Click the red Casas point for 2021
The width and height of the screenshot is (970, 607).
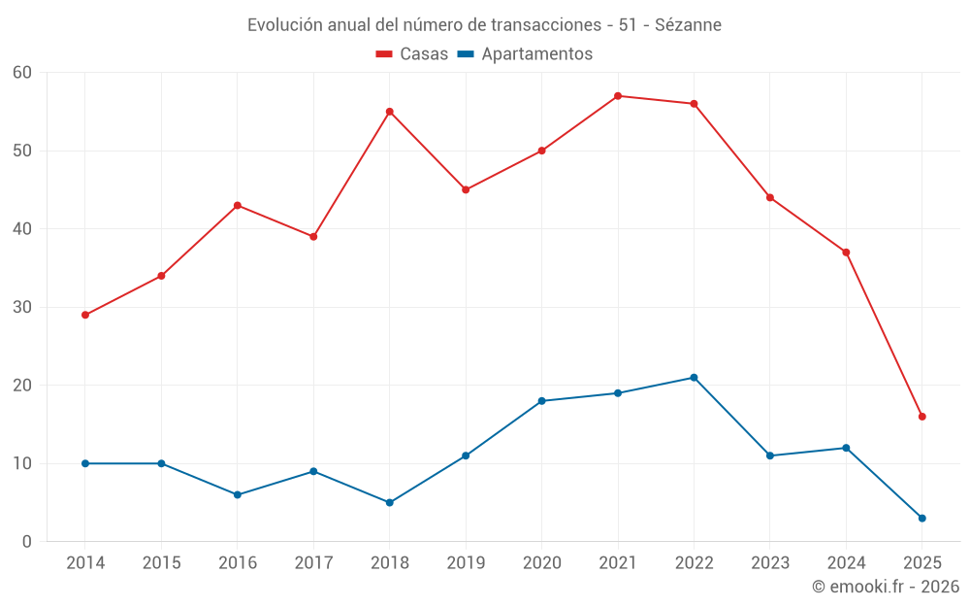pyautogui.click(x=618, y=96)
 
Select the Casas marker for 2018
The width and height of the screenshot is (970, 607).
pyautogui.click(x=390, y=112)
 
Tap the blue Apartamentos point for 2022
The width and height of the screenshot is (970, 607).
pyautogui.click(x=694, y=378)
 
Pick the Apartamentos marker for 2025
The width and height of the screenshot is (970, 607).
pyautogui.click(x=922, y=518)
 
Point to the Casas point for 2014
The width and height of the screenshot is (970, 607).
pyautogui.click(x=85, y=315)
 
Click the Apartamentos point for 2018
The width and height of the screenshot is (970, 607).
pyautogui.click(x=390, y=502)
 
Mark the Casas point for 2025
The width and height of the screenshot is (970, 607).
pyautogui.click(x=922, y=417)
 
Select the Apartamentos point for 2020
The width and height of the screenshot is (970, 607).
pyautogui.click(x=541, y=401)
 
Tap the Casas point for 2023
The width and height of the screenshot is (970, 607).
pyautogui.click(x=770, y=197)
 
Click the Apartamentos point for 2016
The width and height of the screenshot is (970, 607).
pyautogui.click(x=238, y=494)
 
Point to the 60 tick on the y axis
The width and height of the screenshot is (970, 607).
pyautogui.click(x=22, y=73)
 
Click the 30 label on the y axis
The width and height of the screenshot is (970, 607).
pyautogui.click(x=22, y=307)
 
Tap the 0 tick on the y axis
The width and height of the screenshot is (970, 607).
pyautogui.click(x=27, y=542)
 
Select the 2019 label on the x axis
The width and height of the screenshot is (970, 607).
pyautogui.click(x=466, y=563)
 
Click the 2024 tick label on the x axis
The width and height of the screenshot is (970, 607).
pyautogui.click(x=846, y=563)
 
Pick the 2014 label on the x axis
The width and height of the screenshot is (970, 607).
pyautogui.click(x=85, y=563)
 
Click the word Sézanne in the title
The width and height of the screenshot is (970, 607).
pyautogui.click(x=688, y=24)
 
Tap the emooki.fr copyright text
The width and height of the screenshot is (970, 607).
pyautogui.click(x=885, y=587)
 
